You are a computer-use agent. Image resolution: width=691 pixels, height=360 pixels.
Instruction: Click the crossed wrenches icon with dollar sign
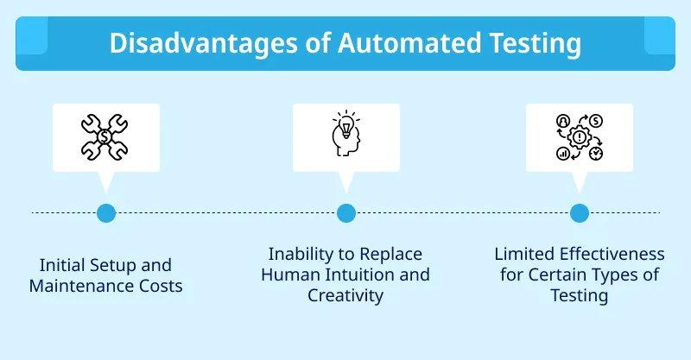pyautogui.click(x=105, y=136)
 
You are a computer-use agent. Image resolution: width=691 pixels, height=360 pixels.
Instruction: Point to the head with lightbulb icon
pyautogui.click(x=345, y=136)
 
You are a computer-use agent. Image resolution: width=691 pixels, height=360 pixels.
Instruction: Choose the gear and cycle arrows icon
pyautogui.click(x=579, y=136)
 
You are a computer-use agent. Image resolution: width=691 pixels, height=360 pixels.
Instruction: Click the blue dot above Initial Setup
pyautogui.click(x=105, y=212)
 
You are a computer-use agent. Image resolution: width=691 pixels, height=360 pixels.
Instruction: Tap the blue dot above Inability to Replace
pyautogui.click(x=345, y=212)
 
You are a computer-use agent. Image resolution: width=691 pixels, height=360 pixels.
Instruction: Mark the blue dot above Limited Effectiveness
pyautogui.click(x=580, y=212)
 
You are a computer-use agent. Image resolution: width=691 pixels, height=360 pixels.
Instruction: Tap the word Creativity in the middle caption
pyautogui.click(x=345, y=296)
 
